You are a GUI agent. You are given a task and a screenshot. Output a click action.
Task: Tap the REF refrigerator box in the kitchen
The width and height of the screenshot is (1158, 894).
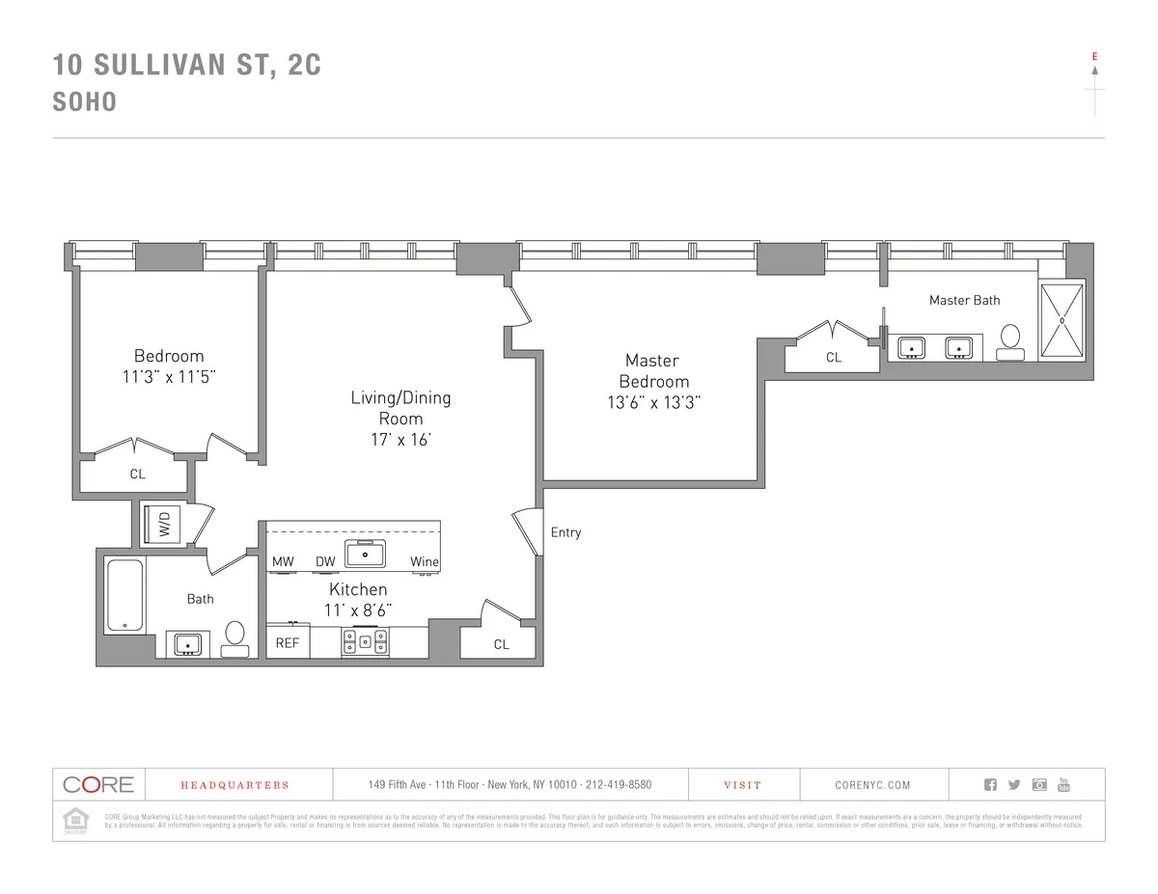pyautogui.click(x=288, y=642)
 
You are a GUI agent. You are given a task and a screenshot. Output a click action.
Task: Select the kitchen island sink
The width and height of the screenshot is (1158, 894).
pyautogui.click(x=367, y=555)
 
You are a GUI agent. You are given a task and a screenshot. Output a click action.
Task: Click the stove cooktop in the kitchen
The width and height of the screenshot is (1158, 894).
pyautogui.click(x=365, y=641)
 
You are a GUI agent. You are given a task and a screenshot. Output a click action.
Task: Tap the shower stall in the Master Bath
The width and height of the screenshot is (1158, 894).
pyautogui.click(x=1061, y=319)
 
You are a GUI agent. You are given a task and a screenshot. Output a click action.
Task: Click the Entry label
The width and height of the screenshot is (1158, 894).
pyautogui.click(x=565, y=532)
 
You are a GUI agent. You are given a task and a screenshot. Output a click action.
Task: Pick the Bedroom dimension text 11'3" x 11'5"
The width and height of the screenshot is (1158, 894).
pyautogui.click(x=169, y=377)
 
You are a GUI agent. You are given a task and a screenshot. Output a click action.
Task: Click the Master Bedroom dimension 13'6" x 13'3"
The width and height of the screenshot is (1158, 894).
pyautogui.click(x=653, y=403)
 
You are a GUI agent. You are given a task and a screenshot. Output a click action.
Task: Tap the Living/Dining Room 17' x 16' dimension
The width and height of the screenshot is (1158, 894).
pyautogui.click(x=400, y=440)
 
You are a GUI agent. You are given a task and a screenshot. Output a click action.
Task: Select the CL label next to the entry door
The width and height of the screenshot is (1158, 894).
pyautogui.click(x=501, y=644)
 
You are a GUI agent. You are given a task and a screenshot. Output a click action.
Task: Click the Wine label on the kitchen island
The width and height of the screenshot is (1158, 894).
pyautogui.click(x=424, y=562)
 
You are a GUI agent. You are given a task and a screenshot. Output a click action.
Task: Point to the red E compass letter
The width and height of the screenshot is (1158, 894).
pyautogui.click(x=1094, y=57)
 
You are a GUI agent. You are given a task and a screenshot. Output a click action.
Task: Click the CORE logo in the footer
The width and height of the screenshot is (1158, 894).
pyautogui.click(x=98, y=784)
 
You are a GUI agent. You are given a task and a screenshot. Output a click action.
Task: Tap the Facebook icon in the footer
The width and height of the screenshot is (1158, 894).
pyautogui.click(x=989, y=784)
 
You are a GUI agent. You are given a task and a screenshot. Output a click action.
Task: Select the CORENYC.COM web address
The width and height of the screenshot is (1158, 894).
pyautogui.click(x=872, y=785)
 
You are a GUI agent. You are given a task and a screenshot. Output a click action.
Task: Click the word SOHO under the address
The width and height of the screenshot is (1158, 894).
pyautogui.click(x=85, y=102)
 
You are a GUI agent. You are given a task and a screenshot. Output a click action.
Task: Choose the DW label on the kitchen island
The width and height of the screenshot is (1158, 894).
pyautogui.click(x=325, y=562)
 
